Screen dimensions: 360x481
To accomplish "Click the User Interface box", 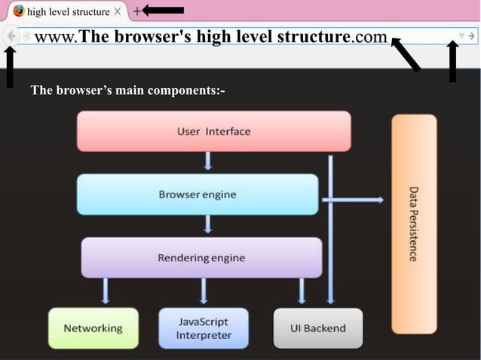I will click(x=214, y=131).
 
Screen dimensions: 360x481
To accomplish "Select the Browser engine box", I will click(x=198, y=194).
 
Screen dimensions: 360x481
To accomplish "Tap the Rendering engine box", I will click(x=201, y=258).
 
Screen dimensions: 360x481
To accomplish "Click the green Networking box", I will click(x=93, y=328).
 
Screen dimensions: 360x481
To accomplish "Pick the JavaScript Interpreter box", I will click(x=204, y=328).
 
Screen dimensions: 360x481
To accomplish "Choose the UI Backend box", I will click(x=318, y=328).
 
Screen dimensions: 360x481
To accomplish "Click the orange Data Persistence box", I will click(x=414, y=224).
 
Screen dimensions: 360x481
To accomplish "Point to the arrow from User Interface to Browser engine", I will click(x=208, y=161).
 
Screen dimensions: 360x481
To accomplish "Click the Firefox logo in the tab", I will click(x=19, y=11).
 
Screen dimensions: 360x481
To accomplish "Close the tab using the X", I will click(x=117, y=12).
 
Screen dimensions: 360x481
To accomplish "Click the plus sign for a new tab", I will click(x=136, y=11).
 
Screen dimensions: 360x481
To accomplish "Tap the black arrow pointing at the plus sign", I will click(x=164, y=10).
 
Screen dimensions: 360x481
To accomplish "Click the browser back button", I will click(x=11, y=35).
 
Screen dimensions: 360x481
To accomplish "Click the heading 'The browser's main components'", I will click(x=128, y=90).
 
